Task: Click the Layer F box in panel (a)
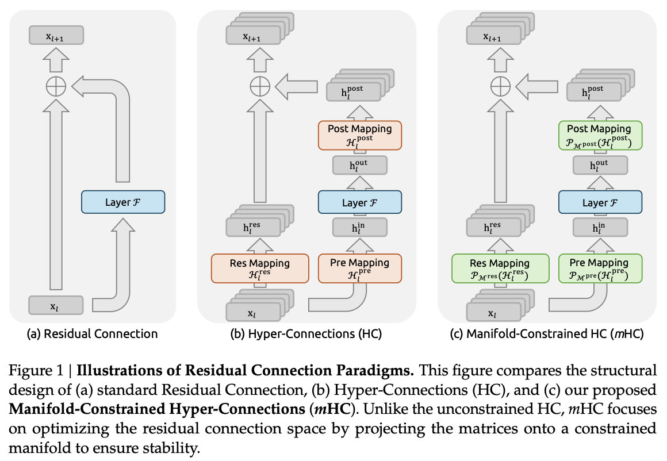[x=123, y=202]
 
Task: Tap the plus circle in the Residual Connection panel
[x=56, y=87]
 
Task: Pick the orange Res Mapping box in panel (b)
[x=260, y=268]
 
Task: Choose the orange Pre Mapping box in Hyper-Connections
[x=359, y=268]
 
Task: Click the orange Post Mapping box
[x=359, y=135]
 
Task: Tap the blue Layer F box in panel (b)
[x=359, y=202]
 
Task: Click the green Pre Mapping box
[x=600, y=268]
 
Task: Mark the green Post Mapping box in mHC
[x=600, y=135]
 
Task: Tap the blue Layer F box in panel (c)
[x=600, y=202]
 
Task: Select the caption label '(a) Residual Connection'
[x=93, y=334]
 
